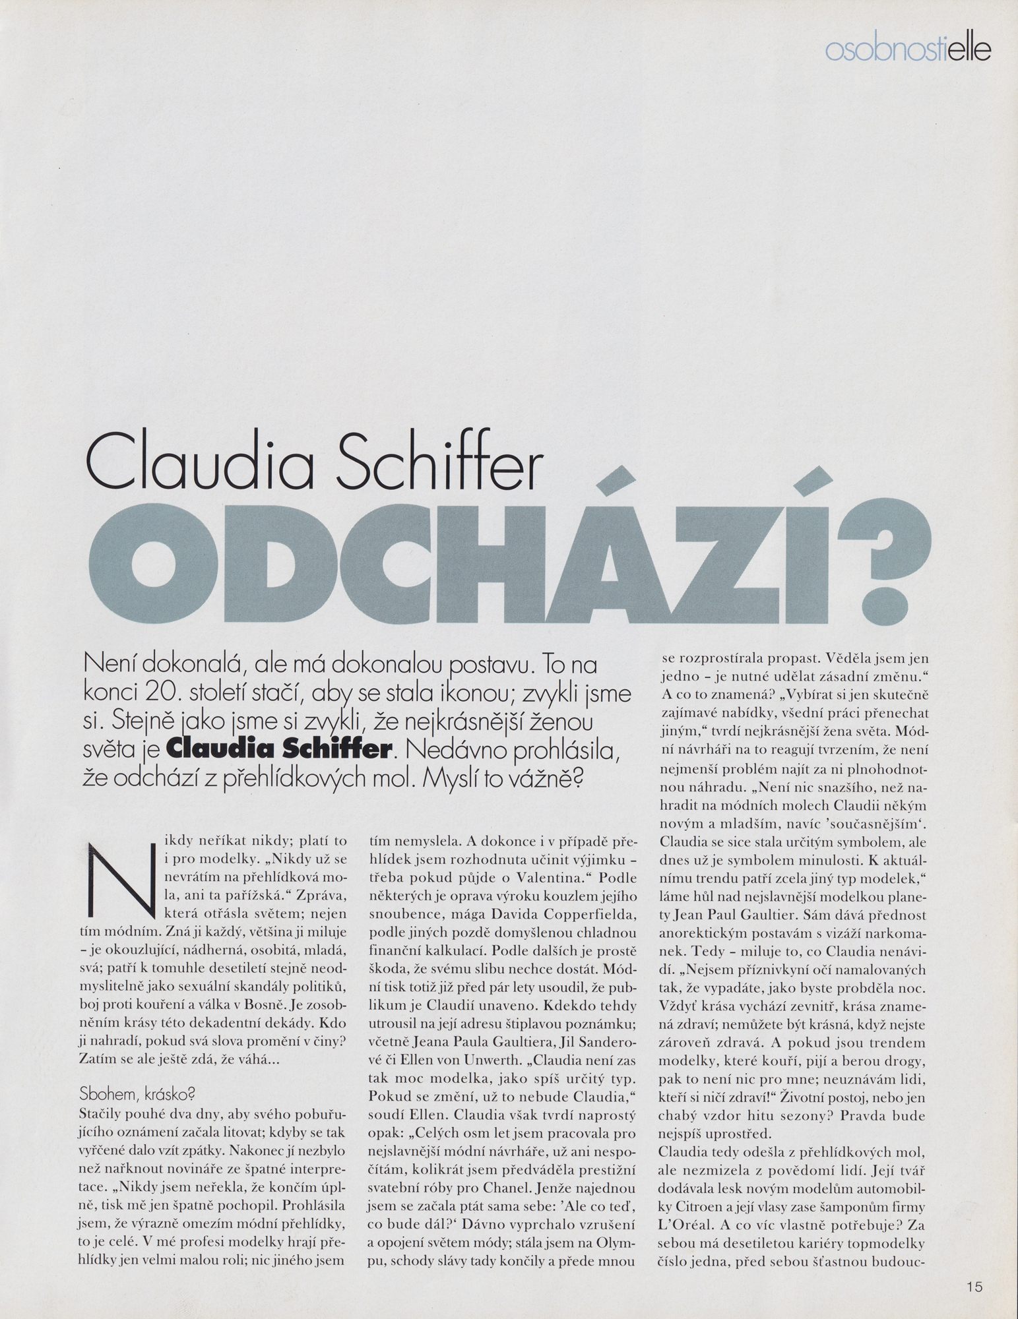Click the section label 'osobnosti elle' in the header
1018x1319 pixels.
pos(908,51)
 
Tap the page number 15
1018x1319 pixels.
pos(975,1287)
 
